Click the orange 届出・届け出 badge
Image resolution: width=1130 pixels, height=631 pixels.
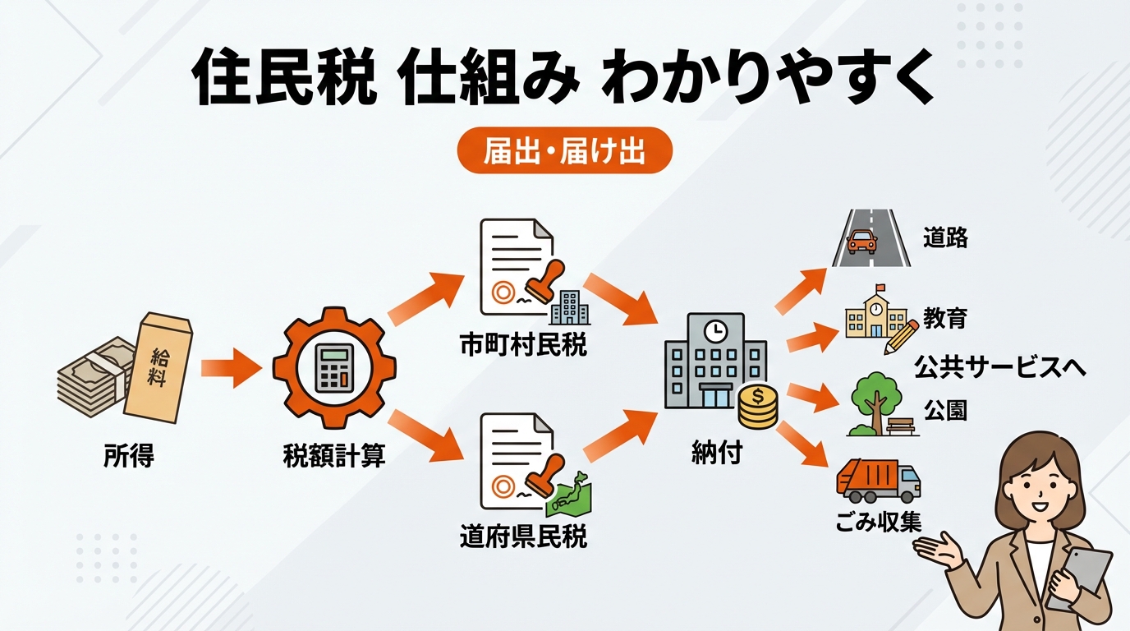coord(564,153)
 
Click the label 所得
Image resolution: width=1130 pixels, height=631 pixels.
coord(129,455)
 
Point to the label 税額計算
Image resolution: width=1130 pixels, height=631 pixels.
coord(333,456)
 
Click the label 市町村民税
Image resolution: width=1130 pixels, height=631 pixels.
coord(523,346)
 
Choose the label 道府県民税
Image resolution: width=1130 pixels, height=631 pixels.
coord(523,538)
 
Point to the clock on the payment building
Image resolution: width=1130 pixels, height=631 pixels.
coord(716,330)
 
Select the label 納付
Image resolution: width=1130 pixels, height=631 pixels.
coord(716,453)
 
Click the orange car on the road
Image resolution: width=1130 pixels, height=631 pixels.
coord(861,242)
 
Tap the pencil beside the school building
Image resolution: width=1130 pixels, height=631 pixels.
coord(901,337)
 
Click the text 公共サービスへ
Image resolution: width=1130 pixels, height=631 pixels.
coord(999,367)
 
